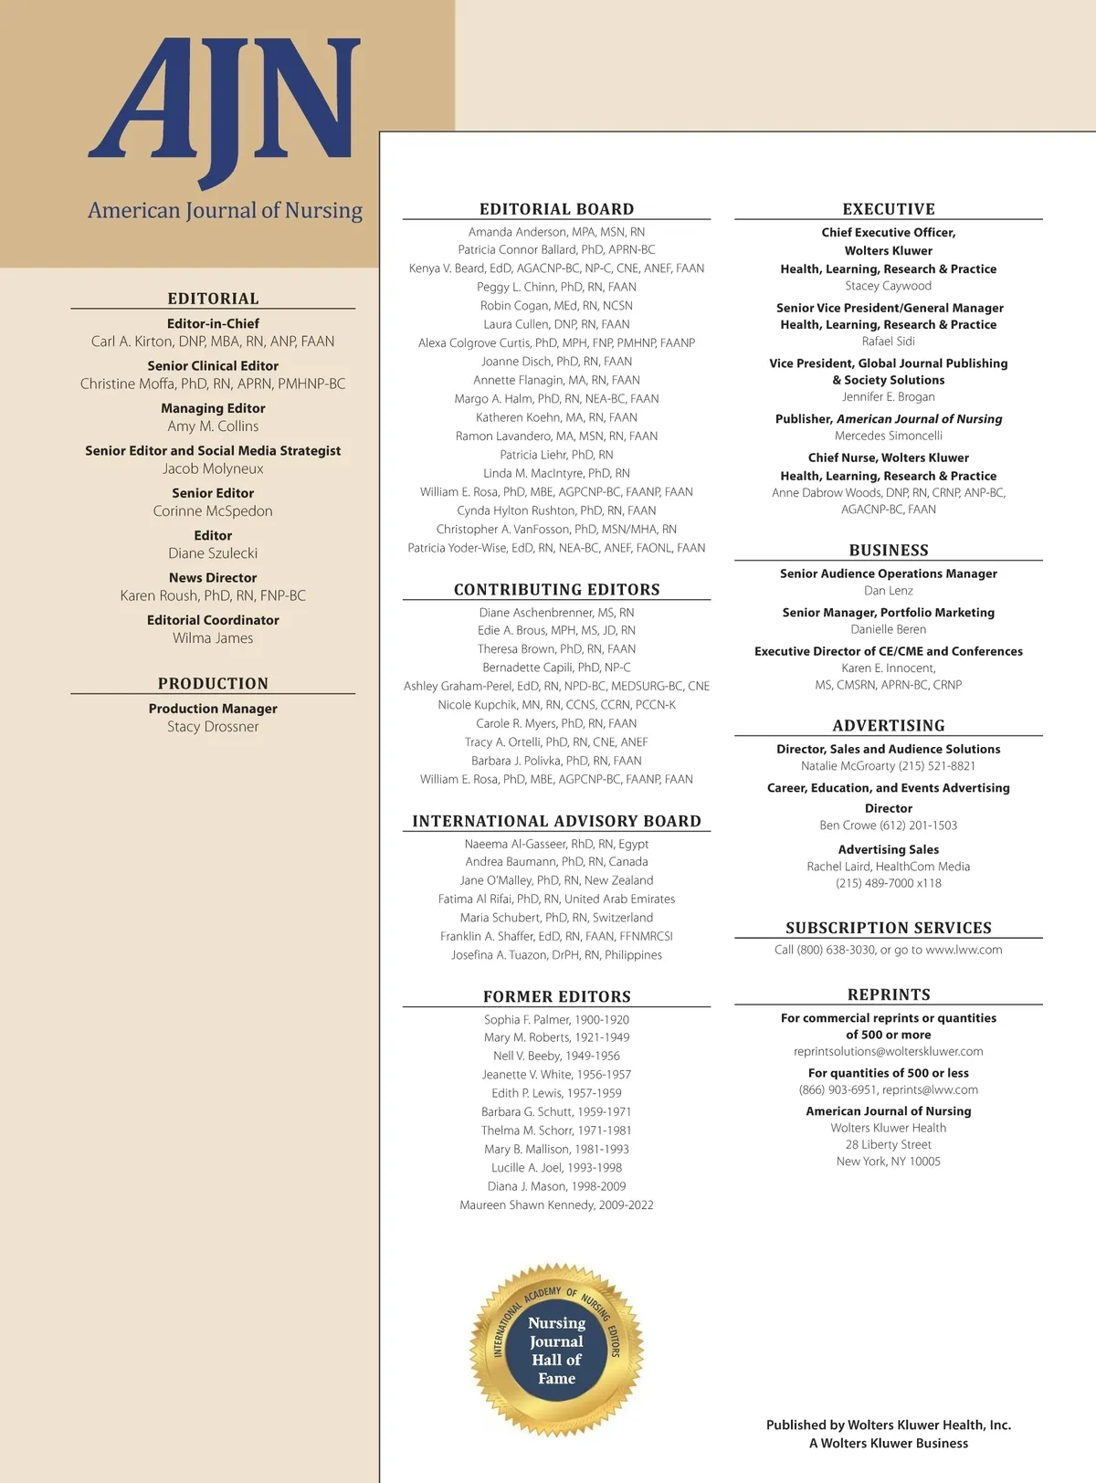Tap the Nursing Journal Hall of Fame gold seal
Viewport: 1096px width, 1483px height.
pyautogui.click(x=556, y=1350)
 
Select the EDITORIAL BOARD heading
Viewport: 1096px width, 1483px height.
pyautogui.click(x=556, y=209)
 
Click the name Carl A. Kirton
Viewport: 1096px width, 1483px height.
pyautogui.click(x=213, y=342)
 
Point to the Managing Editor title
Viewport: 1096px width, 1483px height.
pyautogui.click(x=213, y=408)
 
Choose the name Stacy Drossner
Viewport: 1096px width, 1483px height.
pyautogui.click(x=213, y=727)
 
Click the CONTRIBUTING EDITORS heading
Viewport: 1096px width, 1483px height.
pyautogui.click(x=556, y=590)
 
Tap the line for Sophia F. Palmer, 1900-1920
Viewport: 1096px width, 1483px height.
pyautogui.click(x=556, y=1019)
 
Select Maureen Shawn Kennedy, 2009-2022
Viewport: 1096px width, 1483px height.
pyautogui.click(x=556, y=1205)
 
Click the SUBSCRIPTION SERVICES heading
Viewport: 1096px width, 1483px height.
pyautogui.click(x=888, y=928)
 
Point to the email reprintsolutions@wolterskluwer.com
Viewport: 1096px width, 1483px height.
pyautogui.click(x=888, y=1051)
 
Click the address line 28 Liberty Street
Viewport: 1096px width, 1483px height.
pyautogui.click(x=888, y=1144)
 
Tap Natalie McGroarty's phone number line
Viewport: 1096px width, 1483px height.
pyautogui.click(x=888, y=766)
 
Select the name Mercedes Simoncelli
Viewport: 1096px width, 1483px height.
pyautogui.click(x=888, y=436)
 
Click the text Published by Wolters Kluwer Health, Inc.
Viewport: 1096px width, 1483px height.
pyautogui.click(x=888, y=1425)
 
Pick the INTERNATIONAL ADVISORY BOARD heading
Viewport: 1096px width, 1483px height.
pyautogui.click(x=556, y=821)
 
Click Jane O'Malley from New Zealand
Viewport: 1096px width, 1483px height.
pyautogui.click(x=556, y=880)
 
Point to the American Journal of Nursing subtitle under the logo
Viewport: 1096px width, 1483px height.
pyautogui.click(x=225, y=211)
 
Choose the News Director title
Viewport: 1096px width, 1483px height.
pyautogui.click(x=213, y=578)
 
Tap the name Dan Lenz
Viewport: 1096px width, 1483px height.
pyautogui.click(x=888, y=591)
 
